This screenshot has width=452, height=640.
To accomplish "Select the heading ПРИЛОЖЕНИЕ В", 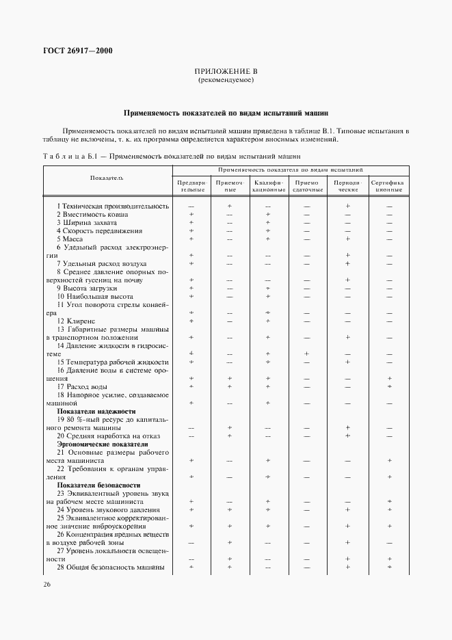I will coord(226,71).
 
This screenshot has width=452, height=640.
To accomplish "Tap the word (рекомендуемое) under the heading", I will coord(226,80).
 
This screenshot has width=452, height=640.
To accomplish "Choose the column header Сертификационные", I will coord(388,186).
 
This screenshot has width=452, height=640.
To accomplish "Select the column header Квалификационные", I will coord(268,186).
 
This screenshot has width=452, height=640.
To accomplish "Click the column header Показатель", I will coord(107,178).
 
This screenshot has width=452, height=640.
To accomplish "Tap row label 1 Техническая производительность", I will coord(113,206).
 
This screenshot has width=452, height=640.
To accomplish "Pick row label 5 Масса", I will coord(70,239).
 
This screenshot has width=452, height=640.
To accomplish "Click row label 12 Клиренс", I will coord(76,321).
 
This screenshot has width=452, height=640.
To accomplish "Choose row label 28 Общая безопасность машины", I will coord(110,568).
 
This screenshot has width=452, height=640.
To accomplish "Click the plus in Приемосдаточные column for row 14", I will coord(308,354).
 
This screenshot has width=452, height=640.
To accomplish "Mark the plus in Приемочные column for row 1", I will coord(230,206).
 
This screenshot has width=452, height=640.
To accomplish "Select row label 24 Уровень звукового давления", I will coord(108,510).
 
